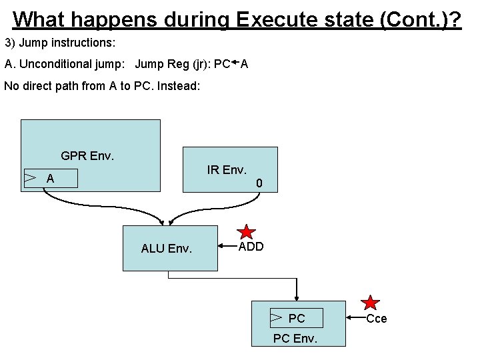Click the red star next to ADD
tap(247, 233)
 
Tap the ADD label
tap(251, 247)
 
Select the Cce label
tap(377, 319)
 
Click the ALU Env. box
tap(170, 248)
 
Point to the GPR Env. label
tap(87, 156)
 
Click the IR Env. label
tap(227, 170)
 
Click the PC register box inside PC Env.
tap(296, 319)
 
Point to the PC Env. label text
tap(295, 339)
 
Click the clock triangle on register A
tap(30, 177)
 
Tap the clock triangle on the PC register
tap(275, 318)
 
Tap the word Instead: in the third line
tap(178, 86)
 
